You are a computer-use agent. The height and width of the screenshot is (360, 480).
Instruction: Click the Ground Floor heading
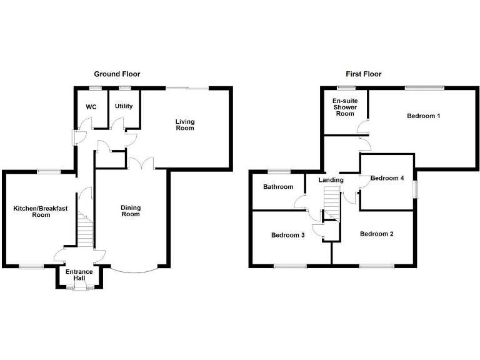[x=117, y=74]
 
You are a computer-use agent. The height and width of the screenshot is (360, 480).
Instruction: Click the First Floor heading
[x=363, y=74]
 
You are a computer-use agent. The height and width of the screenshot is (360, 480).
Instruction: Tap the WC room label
[x=91, y=107]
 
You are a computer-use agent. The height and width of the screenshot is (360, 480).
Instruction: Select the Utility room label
[x=124, y=106]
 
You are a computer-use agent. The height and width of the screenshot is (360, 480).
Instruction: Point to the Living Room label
[x=184, y=124]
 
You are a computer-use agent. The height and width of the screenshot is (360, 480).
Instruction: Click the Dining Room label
[x=131, y=211]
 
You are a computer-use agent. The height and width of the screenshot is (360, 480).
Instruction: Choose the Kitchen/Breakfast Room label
[x=41, y=211]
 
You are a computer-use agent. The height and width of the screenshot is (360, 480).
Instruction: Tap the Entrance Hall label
[x=79, y=275]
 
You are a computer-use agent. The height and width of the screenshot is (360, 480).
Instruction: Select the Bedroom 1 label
[x=424, y=116]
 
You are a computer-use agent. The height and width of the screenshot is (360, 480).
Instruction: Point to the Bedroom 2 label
[x=376, y=234]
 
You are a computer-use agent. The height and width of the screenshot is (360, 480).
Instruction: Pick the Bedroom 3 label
[x=287, y=236]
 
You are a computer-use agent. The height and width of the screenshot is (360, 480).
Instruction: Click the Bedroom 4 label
[x=387, y=178]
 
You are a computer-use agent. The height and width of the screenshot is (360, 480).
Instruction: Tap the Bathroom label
[x=278, y=187]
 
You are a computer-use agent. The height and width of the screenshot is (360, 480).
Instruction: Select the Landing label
[x=331, y=180]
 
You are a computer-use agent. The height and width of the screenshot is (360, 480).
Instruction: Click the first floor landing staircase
[x=331, y=204]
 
